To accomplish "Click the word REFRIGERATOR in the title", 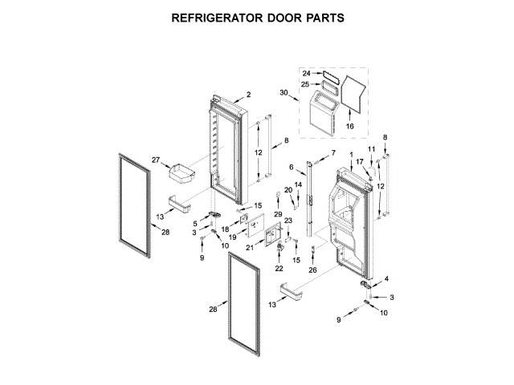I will (x=218, y=18).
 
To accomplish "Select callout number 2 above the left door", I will (x=248, y=95).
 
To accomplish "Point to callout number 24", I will (x=306, y=73).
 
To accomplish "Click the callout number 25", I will (x=306, y=84).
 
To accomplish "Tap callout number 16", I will (x=349, y=126).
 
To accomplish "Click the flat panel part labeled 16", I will (x=351, y=91).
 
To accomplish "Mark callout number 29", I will (x=278, y=216).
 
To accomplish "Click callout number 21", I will (x=249, y=249).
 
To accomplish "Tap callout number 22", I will (x=279, y=268).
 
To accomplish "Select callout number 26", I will (x=312, y=269).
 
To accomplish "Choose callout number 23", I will (x=288, y=221).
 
